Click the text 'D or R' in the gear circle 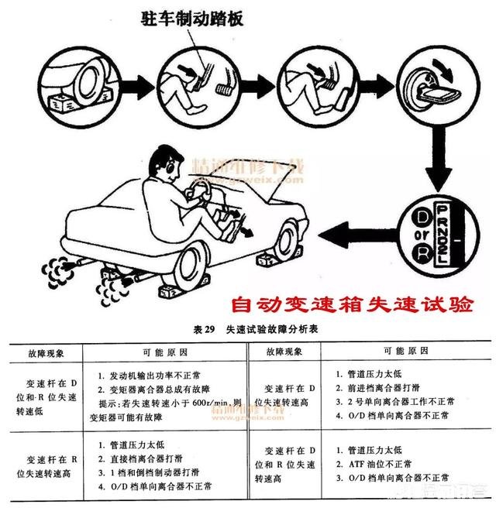pyautogui.click(x=401, y=232)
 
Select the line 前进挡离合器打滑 pyautogui.click(x=381, y=388)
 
